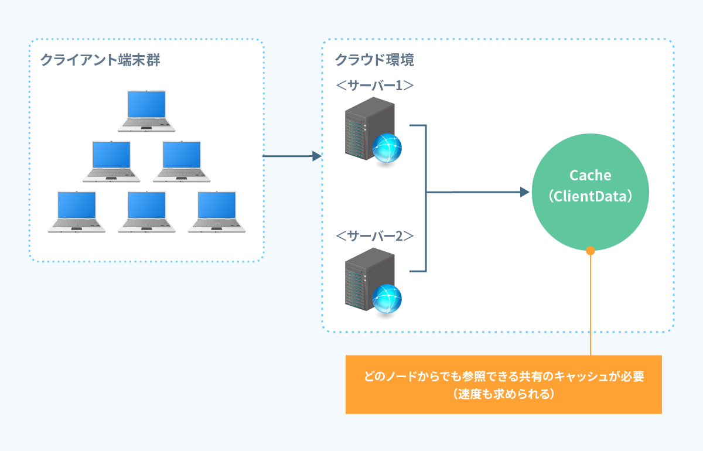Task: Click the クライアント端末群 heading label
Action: [x=100, y=60]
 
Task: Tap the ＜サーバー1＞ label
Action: [x=375, y=85]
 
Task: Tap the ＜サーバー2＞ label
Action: [x=375, y=236]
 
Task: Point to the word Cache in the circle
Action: [x=590, y=175]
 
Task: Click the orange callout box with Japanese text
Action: [x=503, y=384]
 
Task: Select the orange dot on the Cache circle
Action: [x=591, y=251]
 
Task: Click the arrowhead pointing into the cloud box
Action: [x=318, y=156]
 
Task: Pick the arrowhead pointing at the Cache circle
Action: [x=524, y=192]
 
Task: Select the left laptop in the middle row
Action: [x=111, y=160]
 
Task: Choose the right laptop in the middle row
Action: [x=182, y=160]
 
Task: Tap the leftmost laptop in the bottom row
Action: [x=77, y=211]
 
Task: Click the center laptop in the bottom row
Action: [x=146, y=211]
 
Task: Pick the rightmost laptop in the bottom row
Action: [x=217, y=211]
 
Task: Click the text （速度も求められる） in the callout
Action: [x=503, y=394]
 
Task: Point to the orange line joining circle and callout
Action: [x=591, y=305]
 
